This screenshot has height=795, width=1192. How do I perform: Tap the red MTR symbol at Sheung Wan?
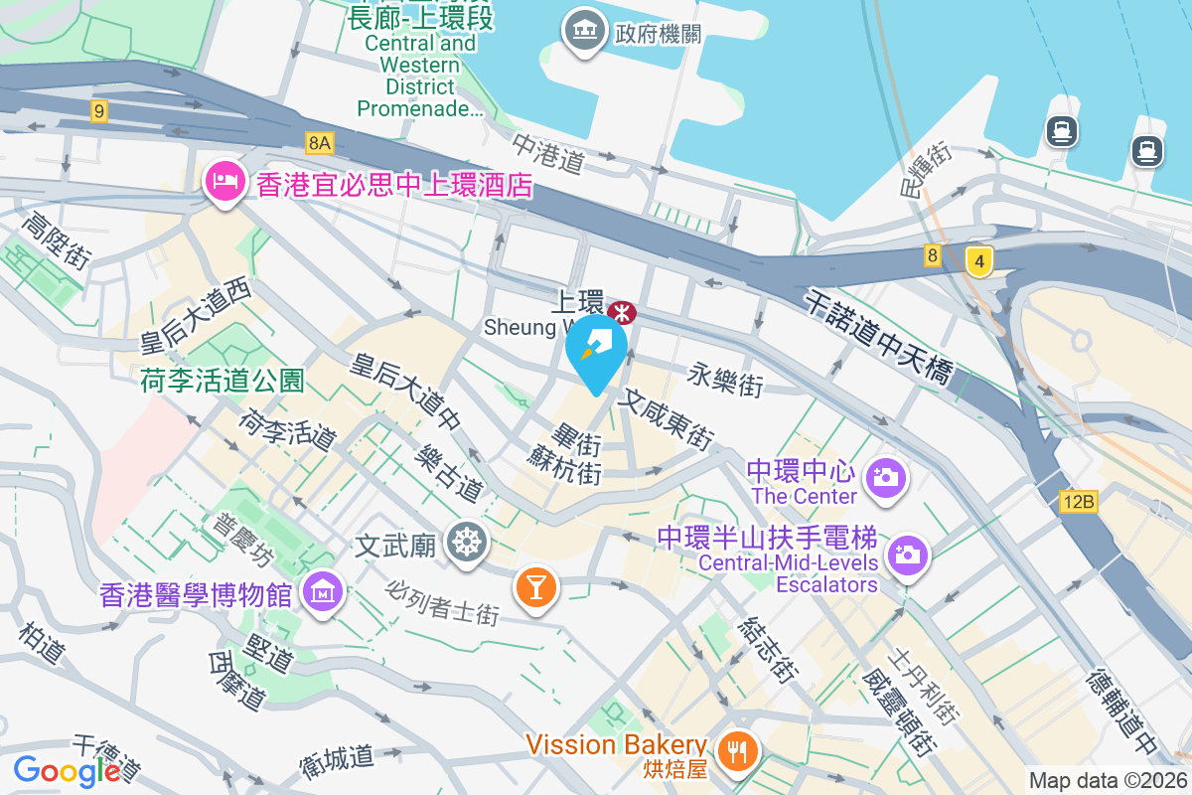pyautogui.click(x=623, y=313)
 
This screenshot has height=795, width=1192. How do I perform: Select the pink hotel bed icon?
pyautogui.click(x=224, y=182)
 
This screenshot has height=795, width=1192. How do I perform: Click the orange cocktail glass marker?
pyautogui.click(x=536, y=586)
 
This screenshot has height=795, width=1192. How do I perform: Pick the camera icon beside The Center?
pyautogui.click(x=884, y=477)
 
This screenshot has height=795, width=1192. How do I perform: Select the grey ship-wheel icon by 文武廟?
pyautogui.click(x=465, y=543)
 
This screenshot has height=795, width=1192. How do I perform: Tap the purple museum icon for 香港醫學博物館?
pyautogui.click(x=325, y=593)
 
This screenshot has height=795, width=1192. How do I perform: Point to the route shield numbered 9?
pyautogui.click(x=97, y=111)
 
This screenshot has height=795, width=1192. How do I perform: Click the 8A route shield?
pyautogui.click(x=319, y=143)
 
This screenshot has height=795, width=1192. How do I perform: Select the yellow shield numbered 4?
pyautogui.click(x=979, y=262)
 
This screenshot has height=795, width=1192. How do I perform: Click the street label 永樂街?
pyautogui.click(x=725, y=379)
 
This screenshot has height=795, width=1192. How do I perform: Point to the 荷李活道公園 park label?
pyautogui.click(x=222, y=380)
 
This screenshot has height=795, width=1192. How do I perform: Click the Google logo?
pyautogui.click(x=67, y=770)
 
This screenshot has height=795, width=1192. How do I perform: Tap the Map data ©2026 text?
pyautogui.click(x=1108, y=781)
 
